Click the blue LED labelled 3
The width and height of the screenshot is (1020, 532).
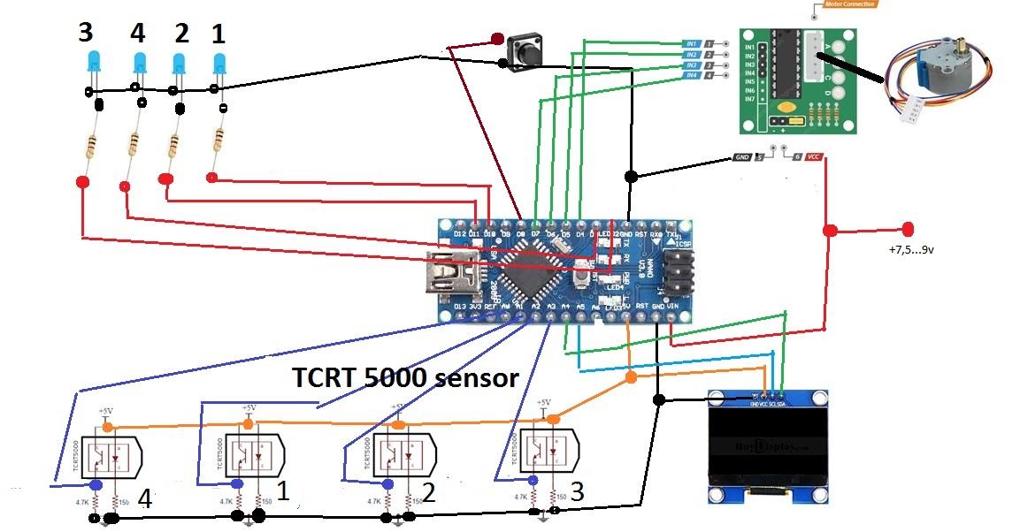click(x=93, y=64)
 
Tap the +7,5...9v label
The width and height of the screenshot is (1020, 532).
click(x=912, y=250)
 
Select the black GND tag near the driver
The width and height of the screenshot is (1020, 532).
click(x=741, y=157)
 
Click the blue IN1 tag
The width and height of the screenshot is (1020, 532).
click(x=693, y=43)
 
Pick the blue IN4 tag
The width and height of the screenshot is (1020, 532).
click(x=693, y=76)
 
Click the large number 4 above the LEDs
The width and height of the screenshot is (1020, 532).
click(x=137, y=34)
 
